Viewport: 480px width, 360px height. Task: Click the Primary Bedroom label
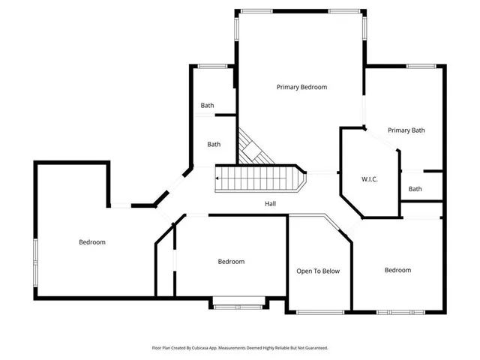[x=301, y=87]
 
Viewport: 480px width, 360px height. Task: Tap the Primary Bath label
[x=406, y=130]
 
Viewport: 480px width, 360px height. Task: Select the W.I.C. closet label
[x=369, y=179]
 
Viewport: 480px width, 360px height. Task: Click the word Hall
[x=271, y=204]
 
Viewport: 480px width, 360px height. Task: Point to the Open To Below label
[x=318, y=271]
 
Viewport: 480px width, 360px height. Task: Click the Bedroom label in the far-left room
[x=91, y=242]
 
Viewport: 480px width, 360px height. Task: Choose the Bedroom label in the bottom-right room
[x=397, y=270]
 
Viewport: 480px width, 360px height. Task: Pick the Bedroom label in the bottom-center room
[x=231, y=262]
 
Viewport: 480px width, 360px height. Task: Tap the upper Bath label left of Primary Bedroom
[x=207, y=106]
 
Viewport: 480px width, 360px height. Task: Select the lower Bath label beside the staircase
[x=214, y=145]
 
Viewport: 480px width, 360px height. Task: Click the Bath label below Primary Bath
[x=415, y=189]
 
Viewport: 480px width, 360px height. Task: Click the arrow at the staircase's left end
[x=218, y=178]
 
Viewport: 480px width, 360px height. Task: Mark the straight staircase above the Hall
[x=259, y=178]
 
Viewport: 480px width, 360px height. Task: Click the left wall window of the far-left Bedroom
[x=35, y=262]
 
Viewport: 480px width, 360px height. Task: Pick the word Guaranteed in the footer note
[x=313, y=348]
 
